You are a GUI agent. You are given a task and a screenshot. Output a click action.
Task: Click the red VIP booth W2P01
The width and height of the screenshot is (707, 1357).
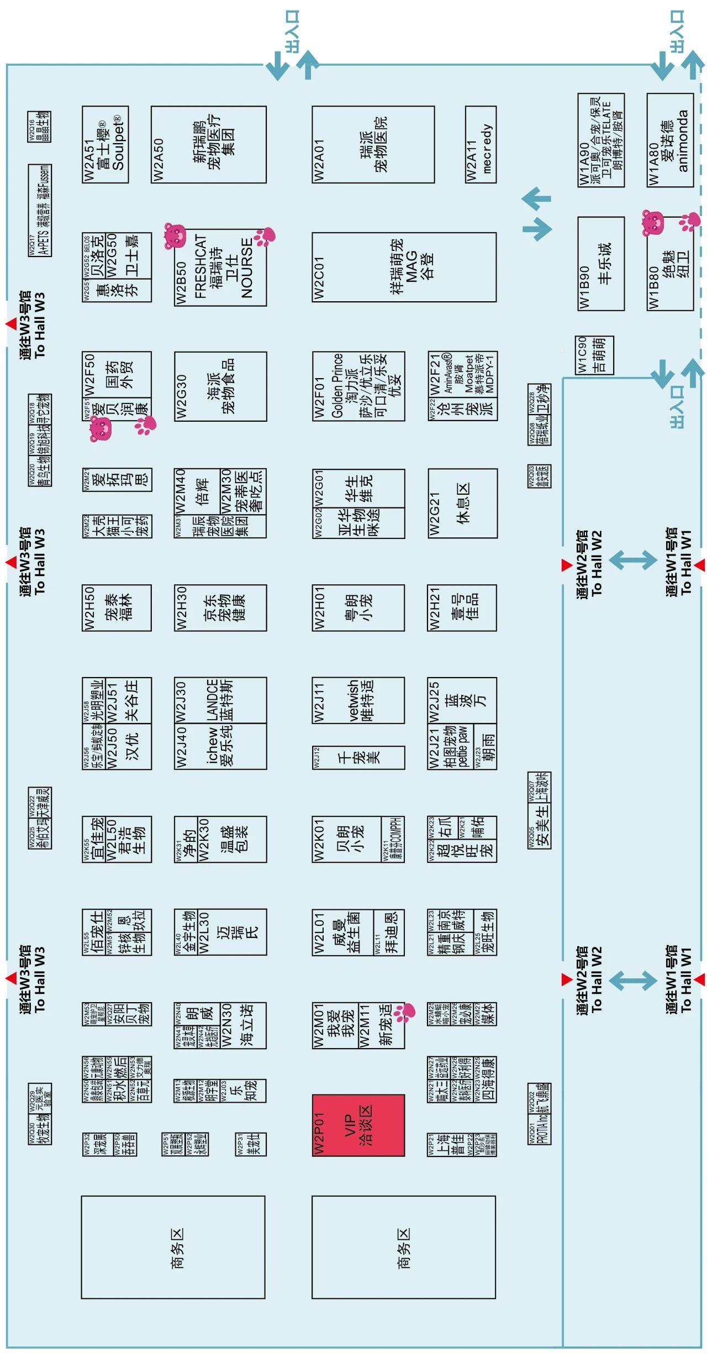click(358, 1125)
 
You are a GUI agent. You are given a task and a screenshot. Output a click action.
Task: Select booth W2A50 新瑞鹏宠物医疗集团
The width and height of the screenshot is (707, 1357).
click(209, 145)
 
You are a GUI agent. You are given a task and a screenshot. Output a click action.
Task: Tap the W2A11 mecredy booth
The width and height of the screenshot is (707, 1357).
click(480, 145)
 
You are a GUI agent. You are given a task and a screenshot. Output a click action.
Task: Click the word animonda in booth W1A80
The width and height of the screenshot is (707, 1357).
click(683, 142)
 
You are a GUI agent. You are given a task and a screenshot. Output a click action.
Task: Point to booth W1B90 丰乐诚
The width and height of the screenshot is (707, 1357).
click(601, 264)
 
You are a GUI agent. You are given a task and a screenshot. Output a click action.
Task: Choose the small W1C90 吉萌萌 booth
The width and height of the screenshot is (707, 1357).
click(594, 355)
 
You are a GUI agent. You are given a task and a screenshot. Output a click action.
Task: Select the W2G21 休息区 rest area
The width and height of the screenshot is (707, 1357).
click(462, 503)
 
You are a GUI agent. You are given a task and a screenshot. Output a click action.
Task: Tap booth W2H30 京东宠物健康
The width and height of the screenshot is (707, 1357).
click(220, 607)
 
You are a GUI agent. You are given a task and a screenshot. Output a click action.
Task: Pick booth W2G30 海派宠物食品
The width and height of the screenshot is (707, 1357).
click(220, 386)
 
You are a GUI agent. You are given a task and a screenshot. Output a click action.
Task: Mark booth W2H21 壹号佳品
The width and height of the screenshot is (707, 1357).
click(462, 607)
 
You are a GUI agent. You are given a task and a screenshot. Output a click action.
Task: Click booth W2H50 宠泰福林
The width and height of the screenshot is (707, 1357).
click(117, 607)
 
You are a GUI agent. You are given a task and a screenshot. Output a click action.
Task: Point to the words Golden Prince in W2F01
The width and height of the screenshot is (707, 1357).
click(337, 386)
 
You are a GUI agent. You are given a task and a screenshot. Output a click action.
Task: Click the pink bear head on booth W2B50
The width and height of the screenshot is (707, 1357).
click(175, 236)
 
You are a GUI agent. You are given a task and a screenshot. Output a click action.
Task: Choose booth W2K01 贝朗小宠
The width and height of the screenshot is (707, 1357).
click(347, 839)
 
